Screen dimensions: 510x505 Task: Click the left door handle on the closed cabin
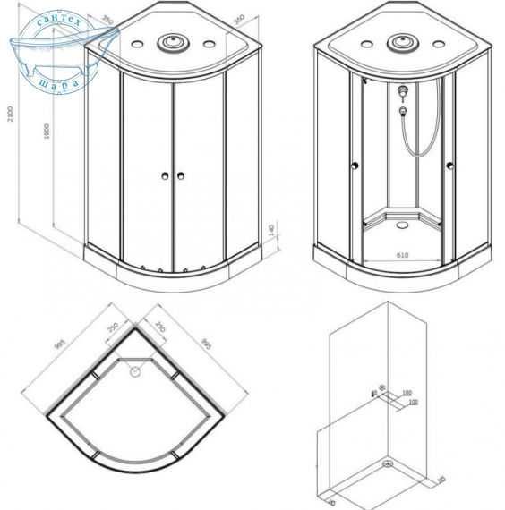(166, 175)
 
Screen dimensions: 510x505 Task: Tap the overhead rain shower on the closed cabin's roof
(170, 43)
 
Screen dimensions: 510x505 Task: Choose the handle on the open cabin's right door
(449, 164)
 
